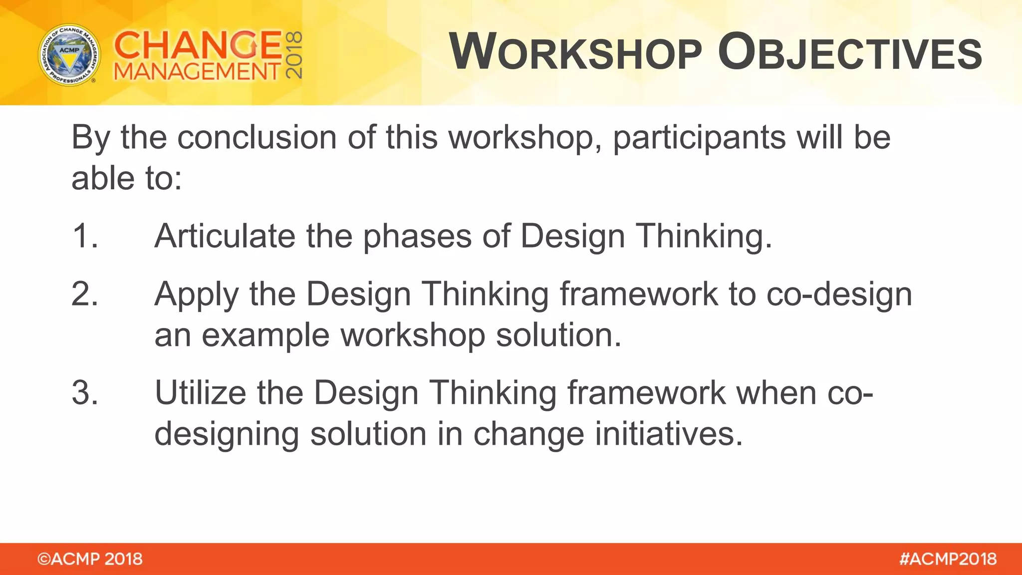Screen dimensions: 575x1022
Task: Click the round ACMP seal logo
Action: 69,54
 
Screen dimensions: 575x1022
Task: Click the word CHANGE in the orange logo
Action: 198,45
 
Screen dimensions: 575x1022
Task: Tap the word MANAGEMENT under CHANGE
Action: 197,72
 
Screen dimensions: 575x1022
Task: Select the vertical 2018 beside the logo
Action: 294,55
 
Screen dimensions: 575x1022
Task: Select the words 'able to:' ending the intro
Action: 127,178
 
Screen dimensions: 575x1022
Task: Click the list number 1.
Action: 84,236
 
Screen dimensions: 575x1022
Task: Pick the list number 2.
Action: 84,293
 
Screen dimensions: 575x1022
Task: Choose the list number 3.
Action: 84,392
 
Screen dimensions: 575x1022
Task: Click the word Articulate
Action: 225,236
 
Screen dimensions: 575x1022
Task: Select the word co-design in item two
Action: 839,294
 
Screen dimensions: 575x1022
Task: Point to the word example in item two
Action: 265,335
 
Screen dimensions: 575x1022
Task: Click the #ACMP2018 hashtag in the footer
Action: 948,559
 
